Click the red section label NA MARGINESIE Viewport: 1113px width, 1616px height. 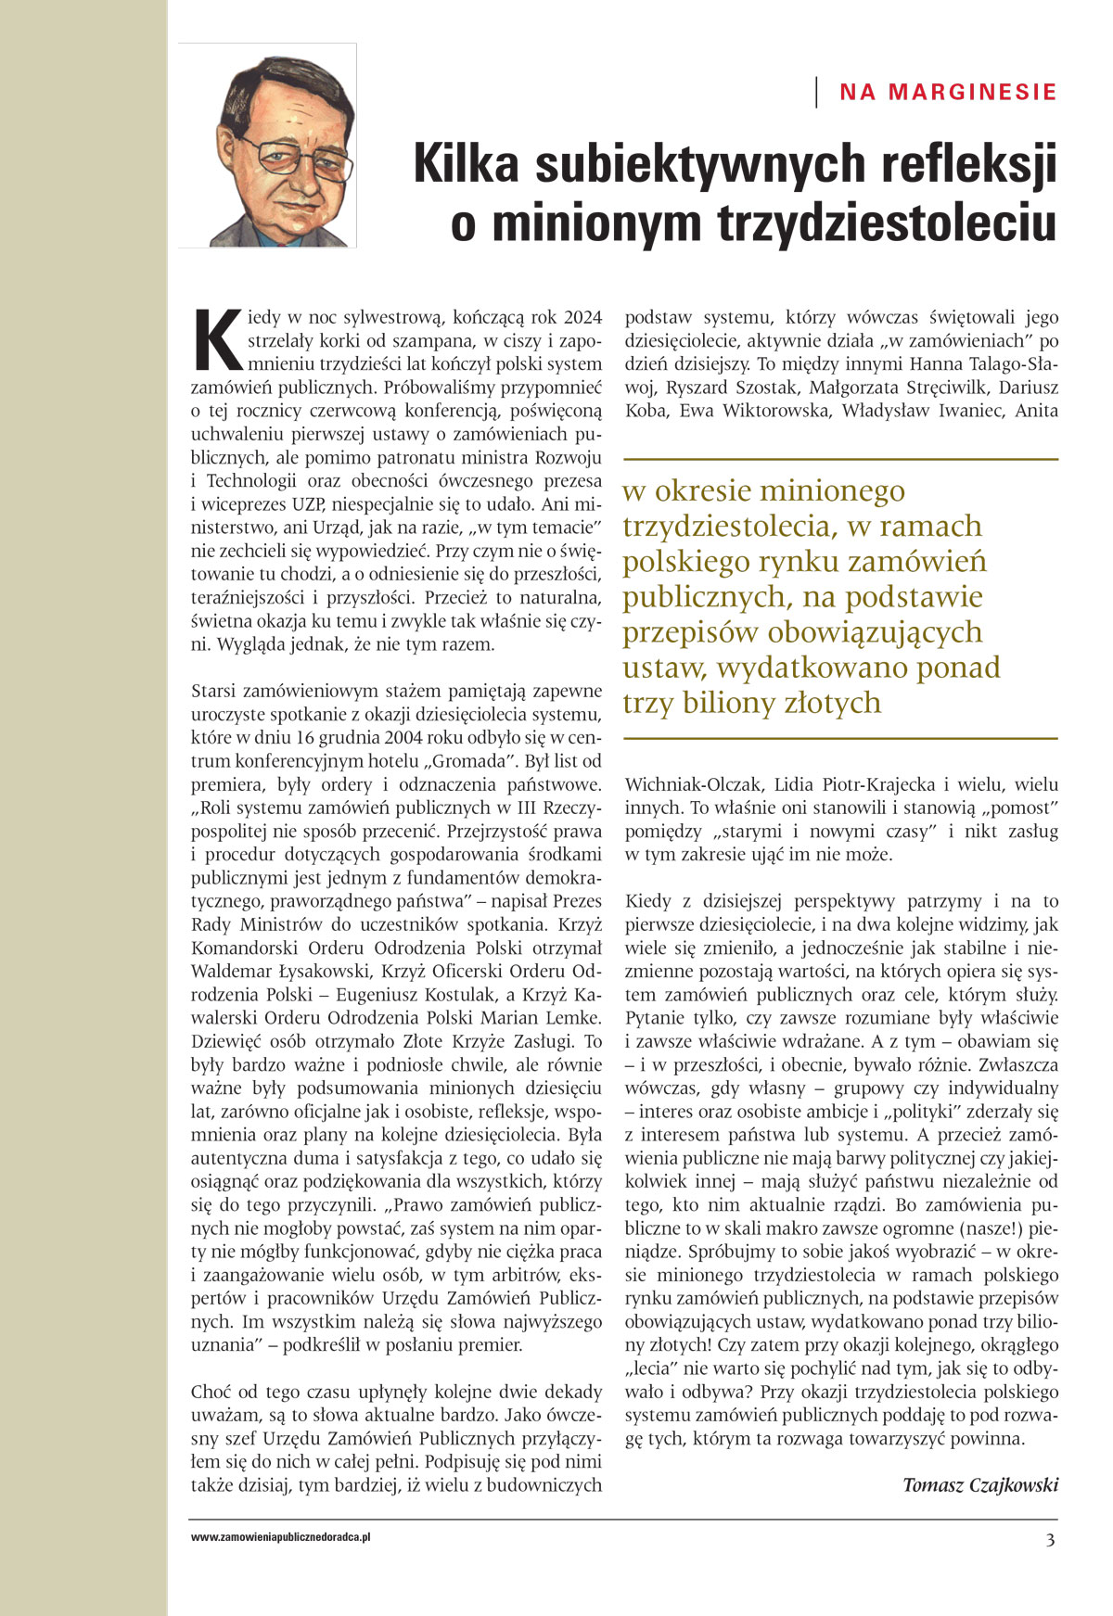(948, 92)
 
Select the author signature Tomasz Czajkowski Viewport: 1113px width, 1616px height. (980, 1484)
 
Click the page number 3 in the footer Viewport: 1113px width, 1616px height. (1050, 1541)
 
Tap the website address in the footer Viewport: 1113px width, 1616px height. (281, 1537)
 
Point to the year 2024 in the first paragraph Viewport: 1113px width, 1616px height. (582, 317)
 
